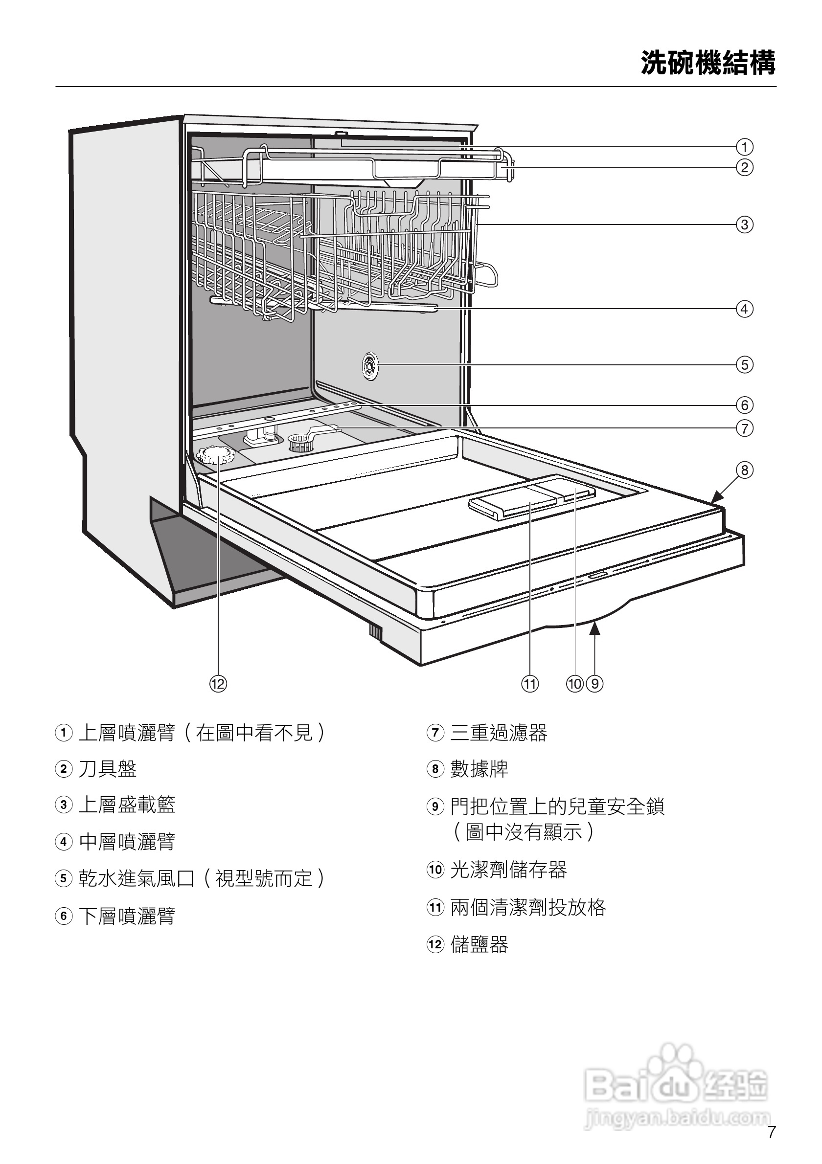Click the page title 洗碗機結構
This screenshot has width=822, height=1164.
pos(708,63)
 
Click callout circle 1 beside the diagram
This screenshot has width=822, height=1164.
pos(744,147)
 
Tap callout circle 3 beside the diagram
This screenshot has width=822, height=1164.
pos(744,224)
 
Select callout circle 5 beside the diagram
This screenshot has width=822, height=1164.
pos(744,364)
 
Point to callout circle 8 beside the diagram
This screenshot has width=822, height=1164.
pos(744,470)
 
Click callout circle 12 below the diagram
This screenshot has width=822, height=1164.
pos(218,684)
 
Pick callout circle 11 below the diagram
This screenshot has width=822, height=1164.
pos(530,684)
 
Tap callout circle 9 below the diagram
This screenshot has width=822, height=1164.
pos(595,684)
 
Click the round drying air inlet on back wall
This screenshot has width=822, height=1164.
pos(370,365)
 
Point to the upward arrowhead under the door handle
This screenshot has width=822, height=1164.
pos(595,629)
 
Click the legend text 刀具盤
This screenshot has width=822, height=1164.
pos(108,768)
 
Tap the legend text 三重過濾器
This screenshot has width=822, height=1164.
pos(499,733)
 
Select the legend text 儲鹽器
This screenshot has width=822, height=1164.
pos(479,944)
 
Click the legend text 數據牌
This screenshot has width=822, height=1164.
pos(479,768)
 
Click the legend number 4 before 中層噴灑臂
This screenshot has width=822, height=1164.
pos(64,842)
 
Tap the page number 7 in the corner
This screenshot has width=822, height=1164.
pos(772,1132)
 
